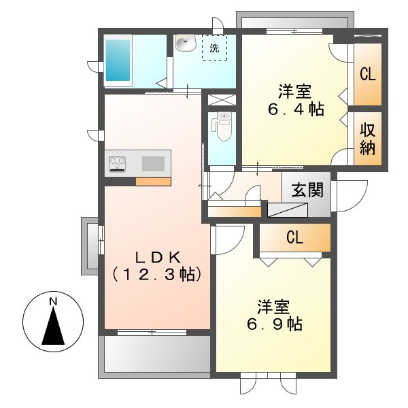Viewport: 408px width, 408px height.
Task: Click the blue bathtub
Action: coord(118,61)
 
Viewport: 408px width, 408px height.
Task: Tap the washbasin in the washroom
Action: coord(185,43)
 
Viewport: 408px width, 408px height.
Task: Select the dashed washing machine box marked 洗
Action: coord(215,48)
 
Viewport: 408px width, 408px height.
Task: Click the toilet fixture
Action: coord(222,126)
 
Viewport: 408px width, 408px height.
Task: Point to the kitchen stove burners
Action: coord(117,164)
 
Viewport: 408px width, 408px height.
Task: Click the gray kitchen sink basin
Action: coord(153,164)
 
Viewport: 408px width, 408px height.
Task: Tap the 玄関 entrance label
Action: coord(307,190)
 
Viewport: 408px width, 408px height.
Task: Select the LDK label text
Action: coord(158,258)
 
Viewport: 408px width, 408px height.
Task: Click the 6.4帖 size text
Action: coord(296,109)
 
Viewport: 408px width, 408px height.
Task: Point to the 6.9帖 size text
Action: coord(275,324)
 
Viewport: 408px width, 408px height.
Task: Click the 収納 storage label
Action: coord(367,139)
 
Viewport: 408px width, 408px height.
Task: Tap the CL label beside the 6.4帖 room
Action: coord(368,74)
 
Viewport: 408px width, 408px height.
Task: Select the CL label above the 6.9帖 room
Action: coord(295,237)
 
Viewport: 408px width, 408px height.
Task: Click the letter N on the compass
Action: coord(53,301)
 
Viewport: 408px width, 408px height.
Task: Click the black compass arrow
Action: coord(53,326)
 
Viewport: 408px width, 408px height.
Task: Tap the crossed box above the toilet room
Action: coord(222,100)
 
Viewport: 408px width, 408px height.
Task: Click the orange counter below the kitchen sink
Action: coord(153,182)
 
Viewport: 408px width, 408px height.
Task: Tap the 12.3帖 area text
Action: coord(157,274)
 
